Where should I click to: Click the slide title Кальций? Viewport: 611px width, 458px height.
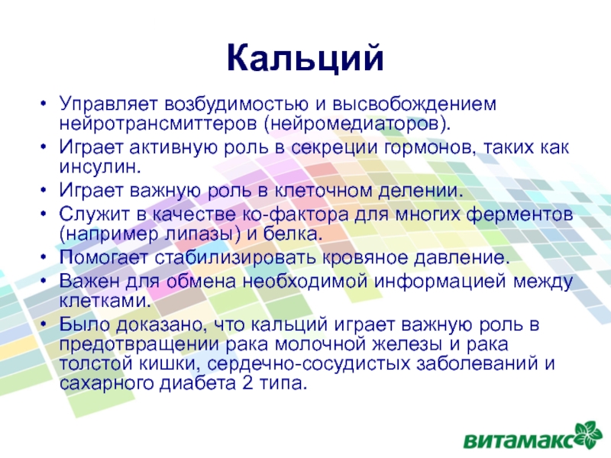pyautogui.click(x=305, y=59)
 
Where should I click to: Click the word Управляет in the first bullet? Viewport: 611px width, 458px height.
pyautogui.click(x=108, y=105)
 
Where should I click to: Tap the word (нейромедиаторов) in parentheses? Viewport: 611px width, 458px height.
pyautogui.click(x=357, y=124)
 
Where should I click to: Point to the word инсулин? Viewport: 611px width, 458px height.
pyautogui.click(x=100, y=166)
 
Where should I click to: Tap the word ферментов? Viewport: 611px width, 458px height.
pyautogui.click(x=520, y=214)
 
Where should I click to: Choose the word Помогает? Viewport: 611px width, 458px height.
pyautogui.click(x=104, y=257)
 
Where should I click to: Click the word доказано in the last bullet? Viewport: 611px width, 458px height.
pyautogui.click(x=160, y=325)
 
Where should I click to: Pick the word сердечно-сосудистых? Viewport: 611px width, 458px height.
pyautogui.click(x=309, y=364)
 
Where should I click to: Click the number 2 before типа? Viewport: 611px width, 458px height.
pyautogui.click(x=247, y=383)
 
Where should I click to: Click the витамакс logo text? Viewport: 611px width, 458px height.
pyautogui.click(x=519, y=440)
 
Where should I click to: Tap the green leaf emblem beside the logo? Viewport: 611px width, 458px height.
pyautogui.click(x=591, y=434)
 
